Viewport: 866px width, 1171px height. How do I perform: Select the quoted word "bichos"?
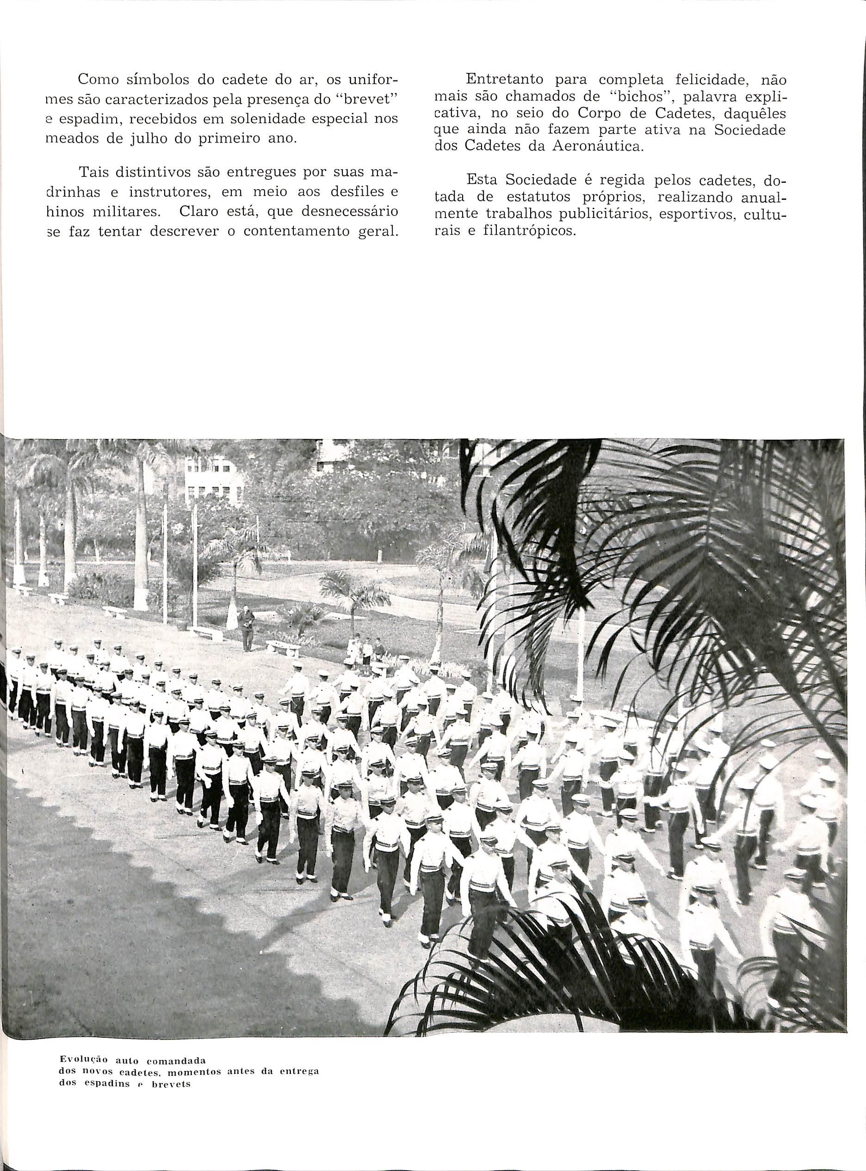click(637, 99)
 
